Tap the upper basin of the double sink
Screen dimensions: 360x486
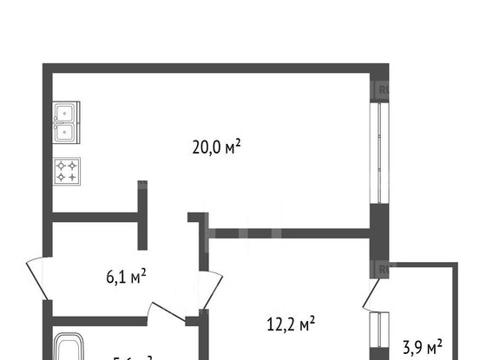pos(65,113)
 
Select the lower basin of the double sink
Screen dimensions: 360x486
pos(65,133)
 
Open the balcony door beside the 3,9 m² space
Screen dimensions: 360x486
pos(371,295)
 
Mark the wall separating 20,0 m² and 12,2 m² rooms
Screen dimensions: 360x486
pos(291,233)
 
